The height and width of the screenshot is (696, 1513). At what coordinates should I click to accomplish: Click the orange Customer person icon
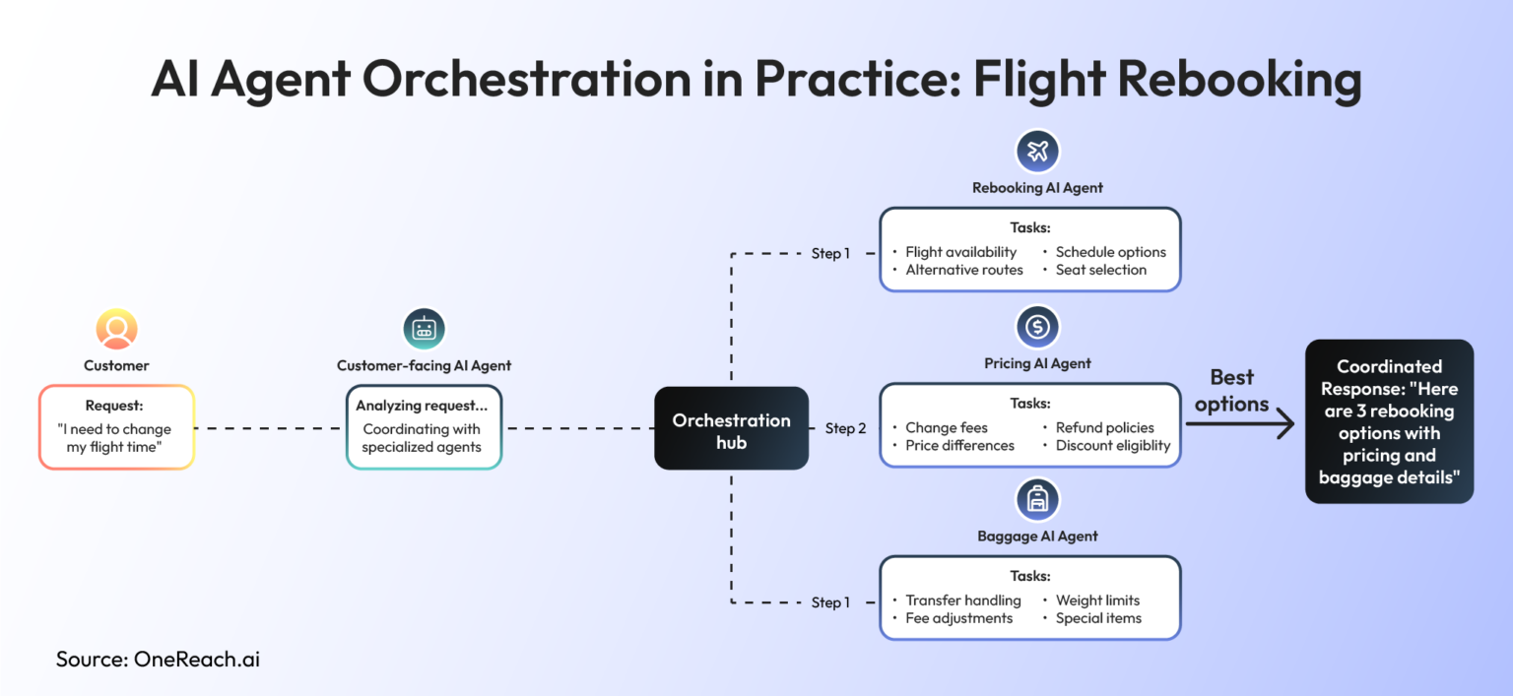click(116, 329)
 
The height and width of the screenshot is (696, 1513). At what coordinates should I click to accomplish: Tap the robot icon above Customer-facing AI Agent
click(424, 329)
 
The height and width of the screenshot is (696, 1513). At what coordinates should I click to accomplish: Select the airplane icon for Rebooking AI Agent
click(1037, 152)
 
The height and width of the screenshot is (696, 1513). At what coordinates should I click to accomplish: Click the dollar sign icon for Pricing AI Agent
click(1037, 327)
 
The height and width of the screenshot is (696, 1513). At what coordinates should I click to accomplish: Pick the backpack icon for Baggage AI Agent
click(1037, 500)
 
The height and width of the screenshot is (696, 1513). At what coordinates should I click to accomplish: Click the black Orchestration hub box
click(731, 427)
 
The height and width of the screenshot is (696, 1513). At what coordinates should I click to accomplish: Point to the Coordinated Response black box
click(1389, 421)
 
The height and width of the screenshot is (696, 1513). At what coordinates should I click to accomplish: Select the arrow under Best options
click(1238, 424)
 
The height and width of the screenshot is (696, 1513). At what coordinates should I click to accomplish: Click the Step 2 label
click(845, 428)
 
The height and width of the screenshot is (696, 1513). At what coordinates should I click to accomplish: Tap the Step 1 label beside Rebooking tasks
click(830, 254)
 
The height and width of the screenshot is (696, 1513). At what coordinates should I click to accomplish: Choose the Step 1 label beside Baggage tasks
click(830, 602)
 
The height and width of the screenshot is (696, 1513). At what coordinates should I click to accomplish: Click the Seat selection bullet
click(1100, 270)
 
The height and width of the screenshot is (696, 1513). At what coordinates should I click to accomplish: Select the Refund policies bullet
click(1104, 428)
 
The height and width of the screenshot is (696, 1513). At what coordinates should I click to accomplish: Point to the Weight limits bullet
click(1097, 601)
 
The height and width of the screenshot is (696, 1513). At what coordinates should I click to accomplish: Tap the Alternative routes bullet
click(963, 270)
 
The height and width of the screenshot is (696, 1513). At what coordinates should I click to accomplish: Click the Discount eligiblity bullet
click(1112, 446)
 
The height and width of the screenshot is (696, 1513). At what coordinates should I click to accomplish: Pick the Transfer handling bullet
click(962, 601)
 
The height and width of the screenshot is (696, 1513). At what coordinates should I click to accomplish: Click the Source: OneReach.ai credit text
click(158, 660)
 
